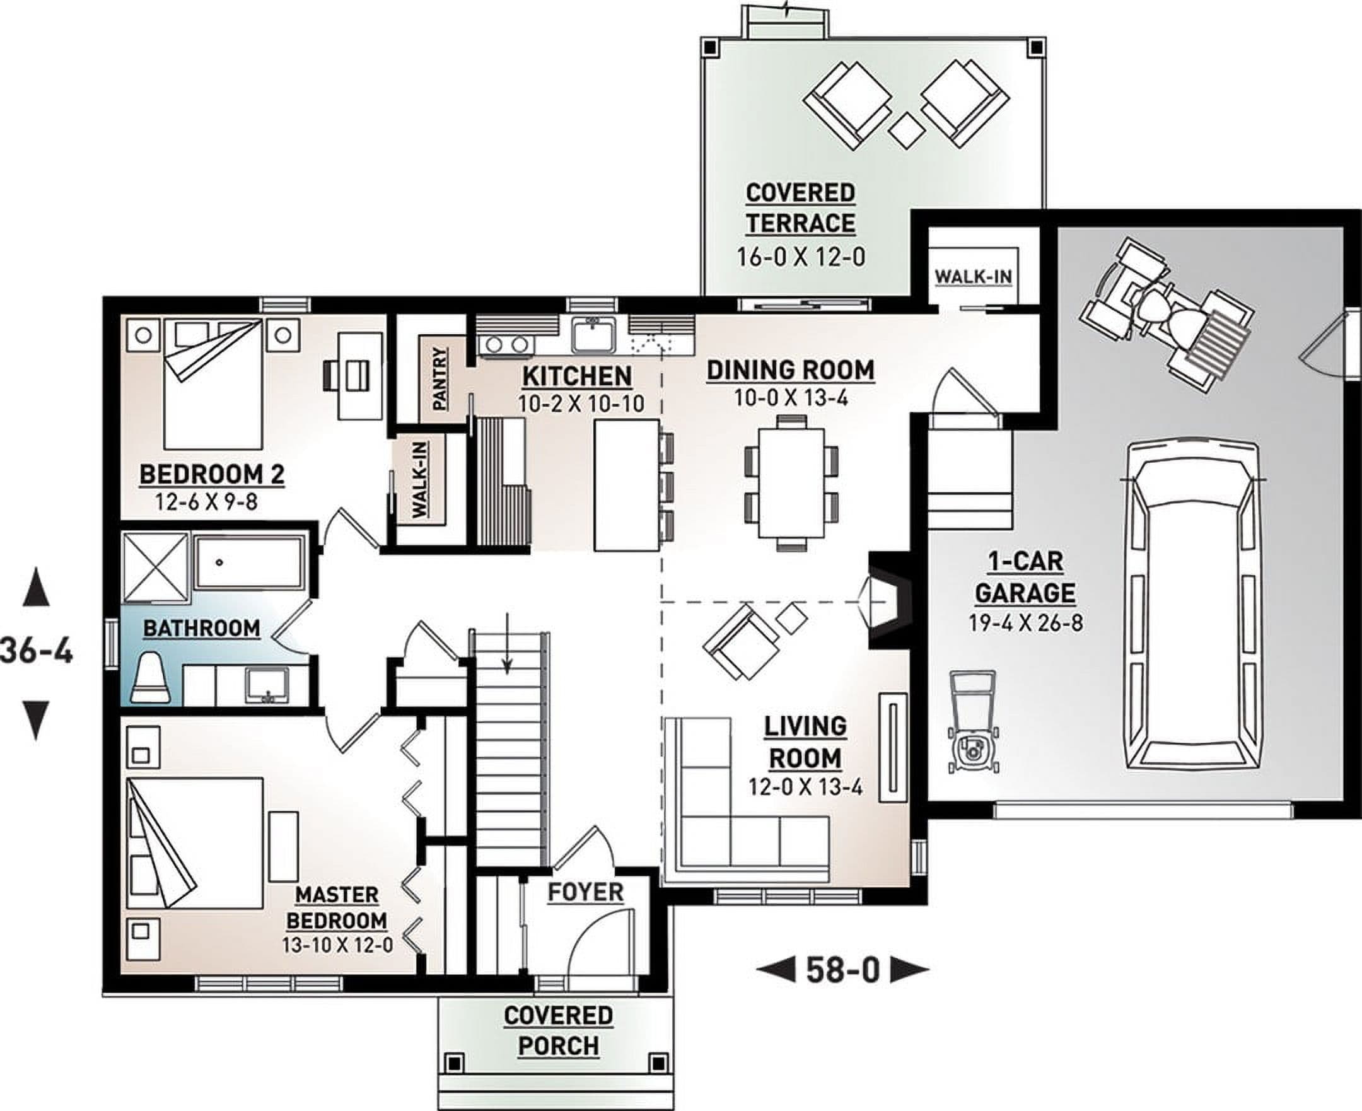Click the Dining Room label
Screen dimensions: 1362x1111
pos(791,371)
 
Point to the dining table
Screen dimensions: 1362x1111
pos(791,484)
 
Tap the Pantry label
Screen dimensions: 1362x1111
pos(441,379)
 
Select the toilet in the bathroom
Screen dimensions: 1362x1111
pos(151,678)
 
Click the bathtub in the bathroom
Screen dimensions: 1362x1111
pos(249,562)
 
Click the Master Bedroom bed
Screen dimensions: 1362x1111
pos(195,842)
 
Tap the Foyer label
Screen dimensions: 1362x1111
pos(585,892)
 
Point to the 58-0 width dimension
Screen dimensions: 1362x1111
pos(843,970)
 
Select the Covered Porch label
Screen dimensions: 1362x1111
pos(558,1030)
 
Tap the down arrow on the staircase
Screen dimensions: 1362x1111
pos(507,643)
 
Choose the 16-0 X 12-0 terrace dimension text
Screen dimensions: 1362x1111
pos(800,257)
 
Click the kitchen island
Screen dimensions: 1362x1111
pos(627,484)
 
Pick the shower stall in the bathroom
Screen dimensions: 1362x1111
pos(156,567)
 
